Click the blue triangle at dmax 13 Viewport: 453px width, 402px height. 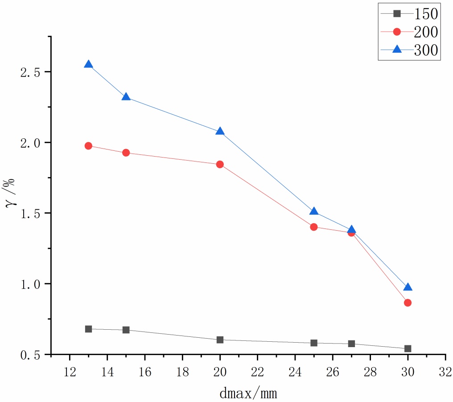click(88, 65)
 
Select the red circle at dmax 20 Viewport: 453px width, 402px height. click(220, 164)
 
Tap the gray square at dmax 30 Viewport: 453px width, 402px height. click(408, 348)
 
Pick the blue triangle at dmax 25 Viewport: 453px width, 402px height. click(314, 211)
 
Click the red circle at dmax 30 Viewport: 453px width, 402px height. click(408, 303)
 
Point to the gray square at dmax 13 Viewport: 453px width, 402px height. click(88, 329)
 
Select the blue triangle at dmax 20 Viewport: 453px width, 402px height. click(220, 132)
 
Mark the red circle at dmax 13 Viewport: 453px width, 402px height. click(88, 146)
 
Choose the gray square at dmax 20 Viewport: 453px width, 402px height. click(220, 340)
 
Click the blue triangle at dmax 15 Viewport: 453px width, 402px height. click(126, 97)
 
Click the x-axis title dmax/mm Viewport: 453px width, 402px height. click(248, 393)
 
